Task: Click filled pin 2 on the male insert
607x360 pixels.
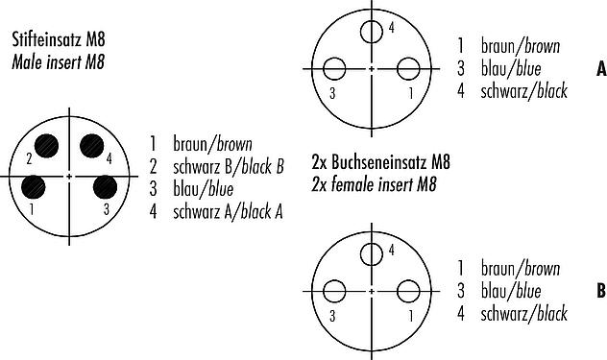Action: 46,146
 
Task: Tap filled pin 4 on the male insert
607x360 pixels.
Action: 92,146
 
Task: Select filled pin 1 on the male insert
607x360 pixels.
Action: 34,187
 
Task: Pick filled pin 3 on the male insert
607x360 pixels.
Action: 106,187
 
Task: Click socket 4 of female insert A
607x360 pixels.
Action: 372,32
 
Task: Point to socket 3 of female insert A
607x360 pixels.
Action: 334,69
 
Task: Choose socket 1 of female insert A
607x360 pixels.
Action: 408,69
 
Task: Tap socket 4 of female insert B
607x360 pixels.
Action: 372,254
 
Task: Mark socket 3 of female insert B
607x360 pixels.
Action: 334,291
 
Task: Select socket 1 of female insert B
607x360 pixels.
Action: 408,291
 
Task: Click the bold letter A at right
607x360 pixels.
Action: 601,69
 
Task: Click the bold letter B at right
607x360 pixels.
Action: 601,291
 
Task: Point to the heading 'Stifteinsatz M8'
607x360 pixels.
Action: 59,39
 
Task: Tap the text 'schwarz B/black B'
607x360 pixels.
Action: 229,167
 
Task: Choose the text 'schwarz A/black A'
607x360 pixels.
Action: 228,212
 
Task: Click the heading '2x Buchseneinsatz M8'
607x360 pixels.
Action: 381,161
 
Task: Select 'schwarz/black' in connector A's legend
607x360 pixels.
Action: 524,91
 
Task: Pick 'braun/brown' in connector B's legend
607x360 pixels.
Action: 521,268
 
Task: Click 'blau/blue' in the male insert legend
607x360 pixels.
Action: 204,189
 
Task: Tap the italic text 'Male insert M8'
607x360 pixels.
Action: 58,62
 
